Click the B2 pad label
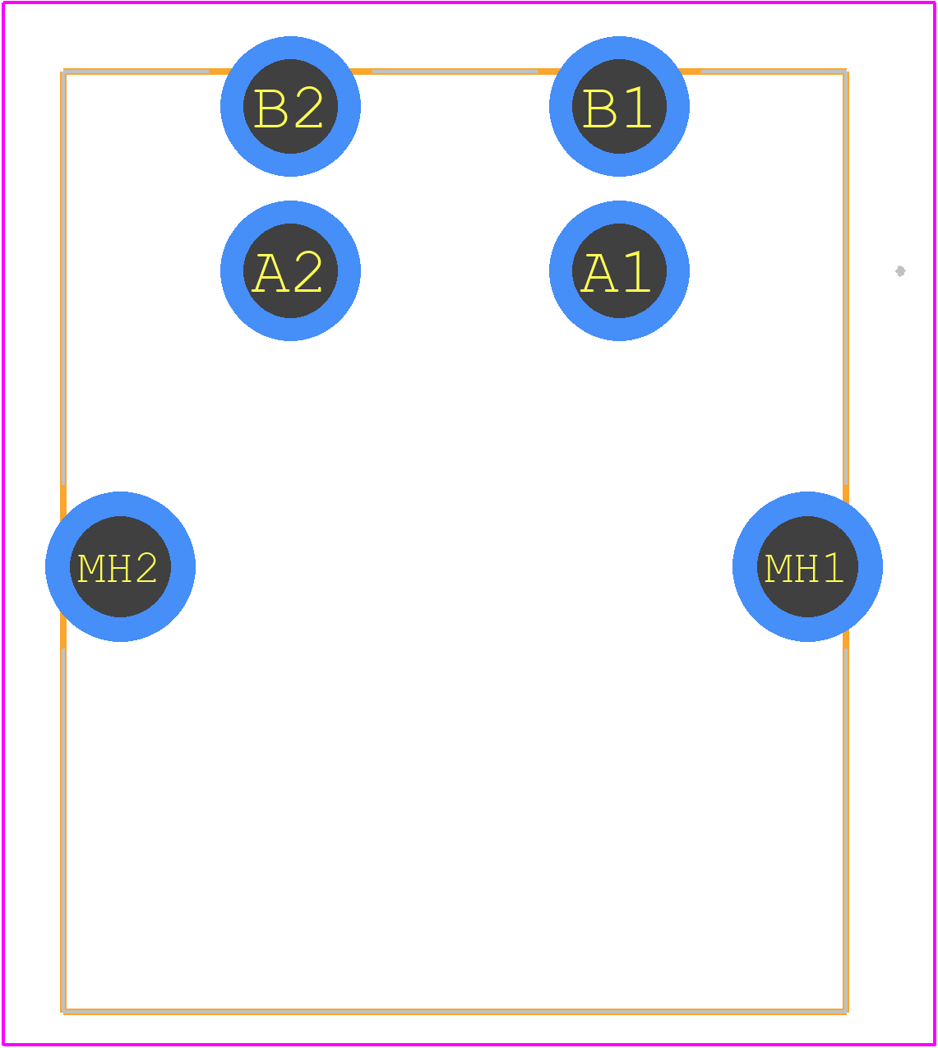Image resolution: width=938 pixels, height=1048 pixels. [x=289, y=108]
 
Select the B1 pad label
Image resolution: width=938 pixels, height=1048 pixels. [x=617, y=108]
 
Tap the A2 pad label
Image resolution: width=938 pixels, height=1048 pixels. [x=287, y=272]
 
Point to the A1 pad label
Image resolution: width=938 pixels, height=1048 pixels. [x=615, y=272]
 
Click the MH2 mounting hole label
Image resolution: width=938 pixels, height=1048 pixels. [x=117, y=568]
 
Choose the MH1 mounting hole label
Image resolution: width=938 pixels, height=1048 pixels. [x=804, y=568]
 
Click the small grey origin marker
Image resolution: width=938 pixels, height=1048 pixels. [x=900, y=271]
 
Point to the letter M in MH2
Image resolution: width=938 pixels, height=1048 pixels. [x=90, y=568]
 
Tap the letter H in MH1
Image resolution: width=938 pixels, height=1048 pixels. [x=804, y=568]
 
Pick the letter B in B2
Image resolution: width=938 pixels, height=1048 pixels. [x=271, y=108]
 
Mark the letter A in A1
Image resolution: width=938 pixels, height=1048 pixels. [x=598, y=273]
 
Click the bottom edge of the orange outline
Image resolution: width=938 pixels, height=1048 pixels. [x=455, y=1011]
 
